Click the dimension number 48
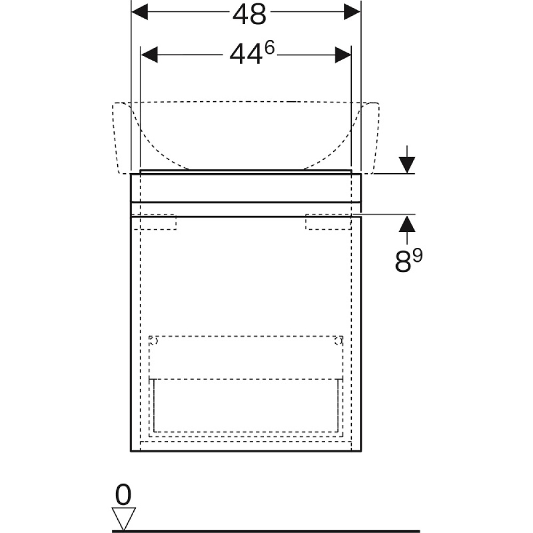click(x=249, y=15)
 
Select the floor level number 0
click(x=123, y=495)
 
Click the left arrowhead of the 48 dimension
click(x=140, y=12)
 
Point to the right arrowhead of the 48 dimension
click(x=352, y=12)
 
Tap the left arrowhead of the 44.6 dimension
click(x=150, y=55)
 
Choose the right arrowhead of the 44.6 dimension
click(x=343, y=55)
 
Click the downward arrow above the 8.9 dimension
click(x=407, y=160)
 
